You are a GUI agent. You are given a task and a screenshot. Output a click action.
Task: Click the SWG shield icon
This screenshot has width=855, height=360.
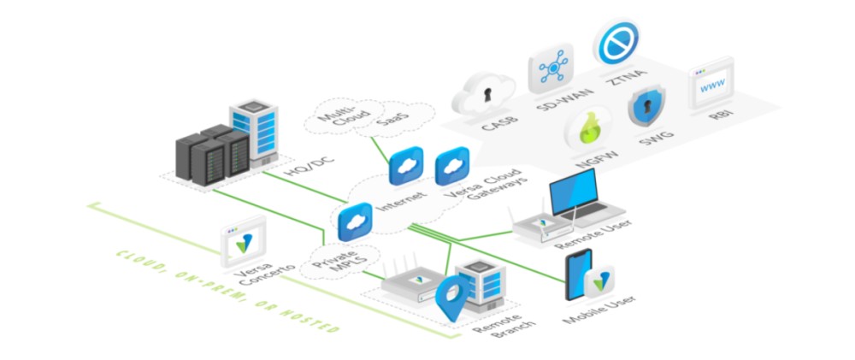coord(646,109)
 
